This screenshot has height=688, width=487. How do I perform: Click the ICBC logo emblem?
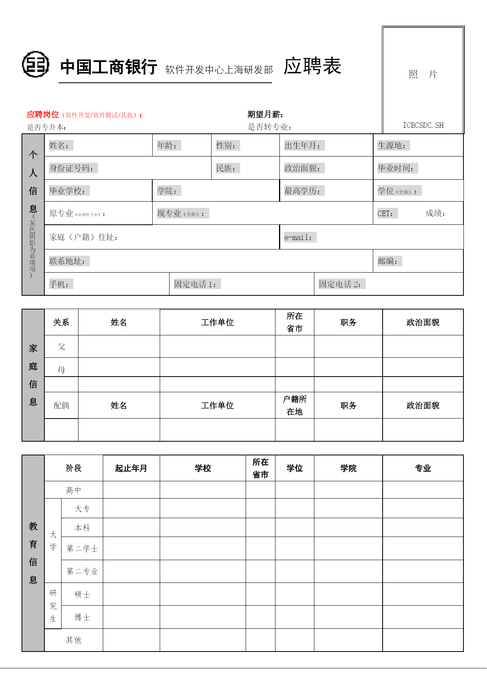point(36,64)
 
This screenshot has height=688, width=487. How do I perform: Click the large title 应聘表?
point(312,66)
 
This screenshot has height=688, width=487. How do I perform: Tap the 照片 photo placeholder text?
point(423,74)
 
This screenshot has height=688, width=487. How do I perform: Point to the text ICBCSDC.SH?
point(423,126)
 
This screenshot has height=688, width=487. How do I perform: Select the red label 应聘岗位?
point(43,115)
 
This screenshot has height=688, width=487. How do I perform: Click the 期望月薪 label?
point(265,115)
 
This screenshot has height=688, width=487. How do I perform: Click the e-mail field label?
point(298,237)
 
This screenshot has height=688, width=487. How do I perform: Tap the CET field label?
point(385,213)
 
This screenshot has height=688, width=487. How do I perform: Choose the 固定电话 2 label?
point(340,284)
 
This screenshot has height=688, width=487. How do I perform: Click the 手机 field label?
point(60,284)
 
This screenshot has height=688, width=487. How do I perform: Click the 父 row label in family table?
point(61,347)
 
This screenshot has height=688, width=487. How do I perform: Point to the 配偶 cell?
point(61,405)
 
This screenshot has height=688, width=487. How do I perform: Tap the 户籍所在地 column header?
point(294,405)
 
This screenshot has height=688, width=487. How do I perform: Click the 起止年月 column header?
point(131,468)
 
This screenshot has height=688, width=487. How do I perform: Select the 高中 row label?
point(73,490)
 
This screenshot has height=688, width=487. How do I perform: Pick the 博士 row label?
point(82,617)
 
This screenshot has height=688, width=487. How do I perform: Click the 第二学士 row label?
point(82,548)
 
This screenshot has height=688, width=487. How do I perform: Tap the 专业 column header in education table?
point(423,468)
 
